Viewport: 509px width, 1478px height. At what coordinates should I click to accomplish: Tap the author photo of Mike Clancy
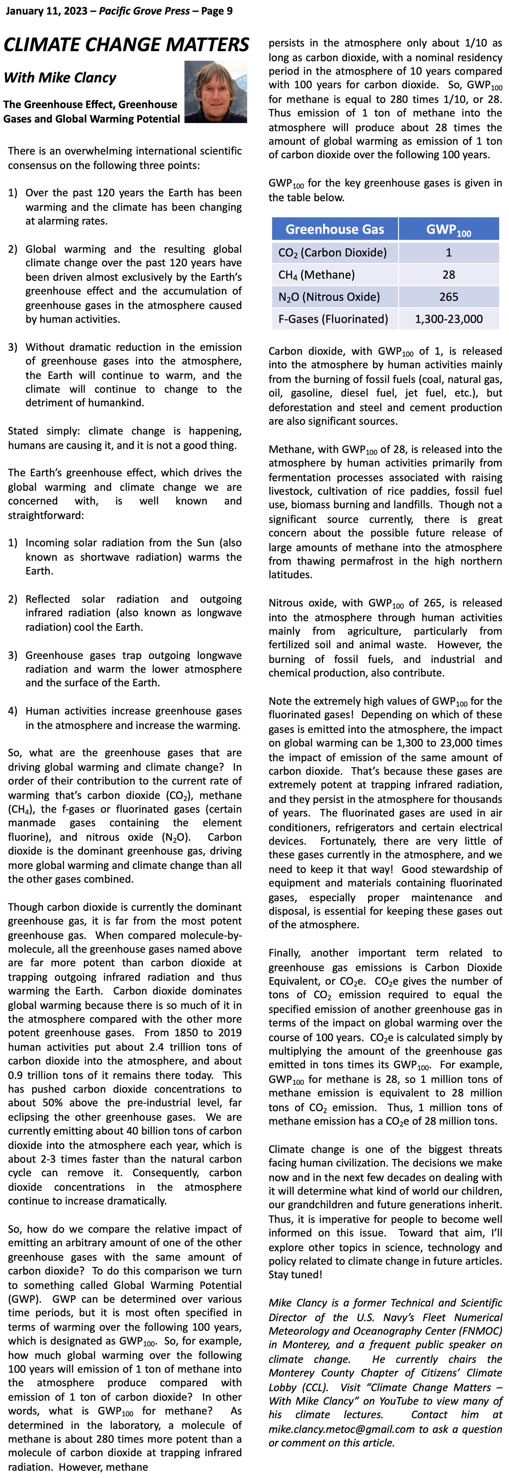(216, 92)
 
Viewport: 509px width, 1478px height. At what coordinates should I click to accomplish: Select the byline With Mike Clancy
(60, 78)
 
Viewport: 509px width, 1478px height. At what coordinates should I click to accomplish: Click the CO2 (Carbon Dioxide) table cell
(332, 252)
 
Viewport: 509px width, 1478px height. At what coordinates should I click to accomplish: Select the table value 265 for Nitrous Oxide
(449, 297)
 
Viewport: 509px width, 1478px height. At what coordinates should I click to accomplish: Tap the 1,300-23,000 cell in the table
(449, 319)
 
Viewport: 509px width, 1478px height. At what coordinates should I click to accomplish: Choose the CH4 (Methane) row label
(316, 275)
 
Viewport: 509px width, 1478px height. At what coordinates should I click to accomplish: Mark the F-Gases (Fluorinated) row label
(333, 319)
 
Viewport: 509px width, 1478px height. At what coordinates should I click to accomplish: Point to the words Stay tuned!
(296, 1275)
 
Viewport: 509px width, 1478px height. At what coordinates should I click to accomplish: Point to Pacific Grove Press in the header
(144, 11)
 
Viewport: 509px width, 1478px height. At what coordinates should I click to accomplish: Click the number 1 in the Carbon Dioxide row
(449, 252)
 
